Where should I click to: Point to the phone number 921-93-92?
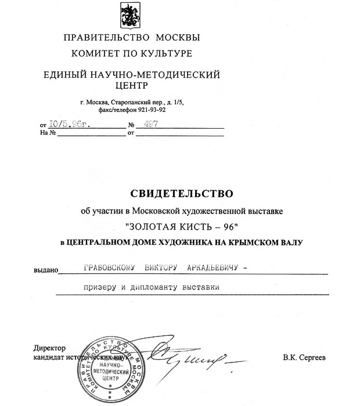[x=150, y=108]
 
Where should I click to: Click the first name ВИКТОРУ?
[x=169, y=268]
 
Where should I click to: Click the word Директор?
[x=51, y=347]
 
